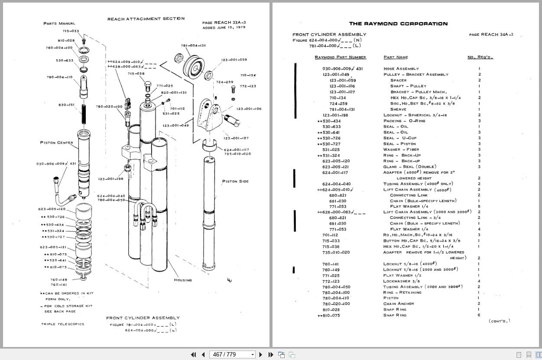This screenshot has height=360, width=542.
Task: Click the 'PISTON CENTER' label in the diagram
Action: (56, 143)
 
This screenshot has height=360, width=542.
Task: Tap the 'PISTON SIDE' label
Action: (235, 181)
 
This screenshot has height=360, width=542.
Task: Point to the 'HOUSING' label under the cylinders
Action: (182, 280)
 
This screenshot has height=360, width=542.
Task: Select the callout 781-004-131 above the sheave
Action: (193, 45)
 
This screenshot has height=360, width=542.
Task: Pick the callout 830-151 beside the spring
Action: (66, 105)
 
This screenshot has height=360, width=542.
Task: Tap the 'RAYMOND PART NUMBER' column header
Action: (340, 57)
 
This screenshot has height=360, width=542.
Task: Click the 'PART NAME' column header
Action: (396, 57)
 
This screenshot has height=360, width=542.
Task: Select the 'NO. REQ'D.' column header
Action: (480, 57)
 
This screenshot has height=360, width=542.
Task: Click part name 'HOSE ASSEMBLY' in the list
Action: (401, 68)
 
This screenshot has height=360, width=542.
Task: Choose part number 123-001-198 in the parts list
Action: (335, 115)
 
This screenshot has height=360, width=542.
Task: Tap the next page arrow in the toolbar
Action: (261, 354)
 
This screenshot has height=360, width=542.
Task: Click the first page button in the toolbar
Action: (193, 354)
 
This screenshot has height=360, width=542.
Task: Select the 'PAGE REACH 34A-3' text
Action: (491, 35)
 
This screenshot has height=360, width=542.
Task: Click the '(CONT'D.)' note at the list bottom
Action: (499, 321)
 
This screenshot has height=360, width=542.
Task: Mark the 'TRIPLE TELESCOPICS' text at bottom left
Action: (63, 324)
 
